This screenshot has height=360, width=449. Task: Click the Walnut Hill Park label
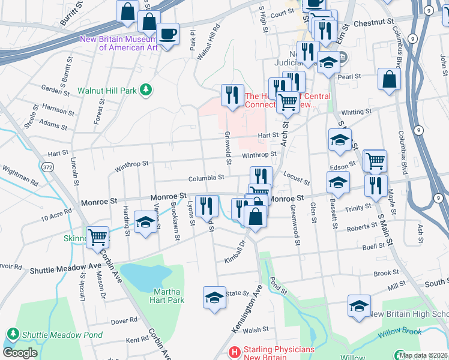pos(107,91)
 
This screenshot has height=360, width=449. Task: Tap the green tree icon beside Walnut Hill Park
pos(145,90)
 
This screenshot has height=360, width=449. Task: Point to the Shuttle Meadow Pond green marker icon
pos(13,334)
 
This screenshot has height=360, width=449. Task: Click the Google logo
pos(20,353)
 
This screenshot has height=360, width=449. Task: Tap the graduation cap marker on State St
pos(214,297)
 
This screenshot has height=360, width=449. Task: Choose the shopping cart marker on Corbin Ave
pos(97,236)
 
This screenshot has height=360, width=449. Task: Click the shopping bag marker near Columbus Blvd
pos(389,79)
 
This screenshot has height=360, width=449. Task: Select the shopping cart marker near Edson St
pos(375,160)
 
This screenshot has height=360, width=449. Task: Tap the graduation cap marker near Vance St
pos(145,222)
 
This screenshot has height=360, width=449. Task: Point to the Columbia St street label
pos(205,178)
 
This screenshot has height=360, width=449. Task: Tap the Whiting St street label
pos(356,112)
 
